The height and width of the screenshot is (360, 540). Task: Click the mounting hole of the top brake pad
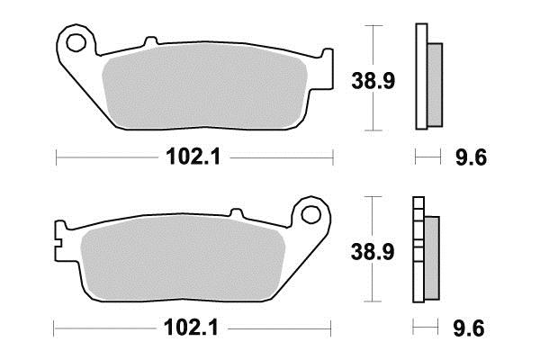[x=76, y=42]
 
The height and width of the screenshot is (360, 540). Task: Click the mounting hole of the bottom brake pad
[x=310, y=214]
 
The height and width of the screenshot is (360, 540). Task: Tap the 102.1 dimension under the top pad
[x=193, y=157]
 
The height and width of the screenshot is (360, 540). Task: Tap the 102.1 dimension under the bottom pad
[x=191, y=328]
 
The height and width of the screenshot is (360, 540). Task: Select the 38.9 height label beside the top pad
[x=373, y=81]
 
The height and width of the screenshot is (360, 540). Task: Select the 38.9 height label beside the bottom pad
[x=373, y=252]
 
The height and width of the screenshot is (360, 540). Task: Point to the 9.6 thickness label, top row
[x=471, y=157]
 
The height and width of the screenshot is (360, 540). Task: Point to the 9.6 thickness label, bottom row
[x=469, y=328]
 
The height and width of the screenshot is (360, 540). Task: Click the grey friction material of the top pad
[x=204, y=86]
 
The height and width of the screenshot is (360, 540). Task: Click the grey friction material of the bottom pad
[x=183, y=257]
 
